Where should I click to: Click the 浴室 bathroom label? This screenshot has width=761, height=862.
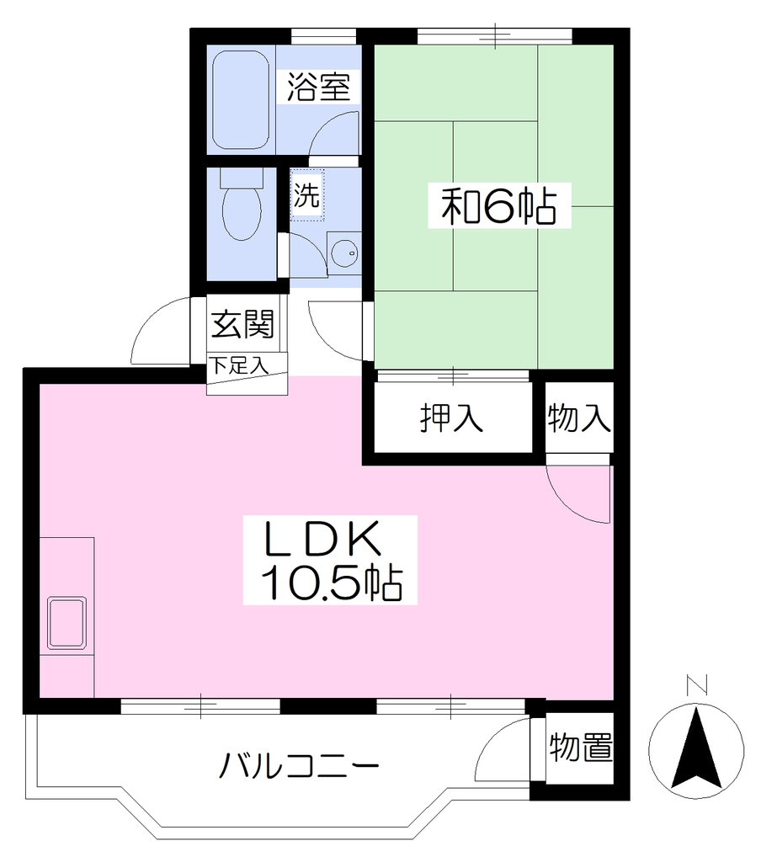coord(318,87)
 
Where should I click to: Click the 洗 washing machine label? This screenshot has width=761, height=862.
coord(306,194)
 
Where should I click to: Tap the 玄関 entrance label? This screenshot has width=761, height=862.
coord(242,324)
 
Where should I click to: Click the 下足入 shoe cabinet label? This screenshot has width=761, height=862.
coord(240,365)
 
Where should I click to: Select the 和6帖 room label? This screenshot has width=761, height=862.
coord(499,205)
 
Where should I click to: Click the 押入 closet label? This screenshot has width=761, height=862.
coord(451,418)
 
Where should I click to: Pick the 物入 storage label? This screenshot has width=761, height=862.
coord(579,418)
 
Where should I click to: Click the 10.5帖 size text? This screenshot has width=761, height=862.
coord(333,582)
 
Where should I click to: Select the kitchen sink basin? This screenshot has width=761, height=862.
coord(67,623)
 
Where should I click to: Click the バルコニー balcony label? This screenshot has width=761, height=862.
coord(299,765)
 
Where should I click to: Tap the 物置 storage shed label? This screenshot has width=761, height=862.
coord(581,748)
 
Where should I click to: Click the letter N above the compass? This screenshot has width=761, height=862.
coord(697,684)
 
